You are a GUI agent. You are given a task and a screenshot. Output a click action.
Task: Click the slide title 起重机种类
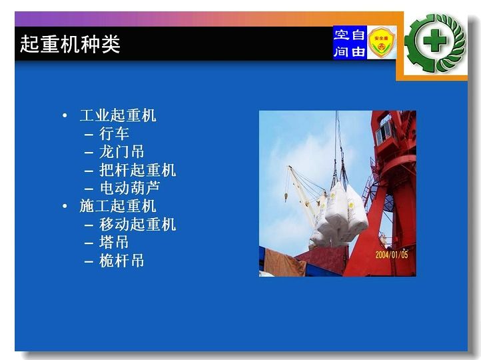tap(70, 44)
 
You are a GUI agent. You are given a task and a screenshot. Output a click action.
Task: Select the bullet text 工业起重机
tap(118, 116)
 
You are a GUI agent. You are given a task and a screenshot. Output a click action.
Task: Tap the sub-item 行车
tap(114, 134)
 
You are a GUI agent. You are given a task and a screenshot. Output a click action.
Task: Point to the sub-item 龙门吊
tap(122, 152)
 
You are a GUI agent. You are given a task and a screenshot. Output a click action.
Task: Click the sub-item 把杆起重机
tap(137, 170)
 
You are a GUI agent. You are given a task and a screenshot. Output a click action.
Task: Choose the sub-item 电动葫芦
tap(130, 188)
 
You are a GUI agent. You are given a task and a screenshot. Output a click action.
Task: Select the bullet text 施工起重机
tap(118, 206)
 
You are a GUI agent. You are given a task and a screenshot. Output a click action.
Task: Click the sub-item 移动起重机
tap(137, 225)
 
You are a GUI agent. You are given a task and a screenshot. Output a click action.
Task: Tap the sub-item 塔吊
tap(114, 243)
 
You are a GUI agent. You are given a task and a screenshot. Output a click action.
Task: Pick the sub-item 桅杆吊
tap(122, 261)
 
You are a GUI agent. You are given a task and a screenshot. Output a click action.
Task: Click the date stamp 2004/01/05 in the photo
tap(392, 255)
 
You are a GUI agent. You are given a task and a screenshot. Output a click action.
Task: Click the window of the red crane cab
tap(384, 131)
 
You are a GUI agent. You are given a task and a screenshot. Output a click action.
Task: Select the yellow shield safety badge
tap(381, 42)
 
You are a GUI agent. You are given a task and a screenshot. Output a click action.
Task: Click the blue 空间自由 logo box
tap(350, 43)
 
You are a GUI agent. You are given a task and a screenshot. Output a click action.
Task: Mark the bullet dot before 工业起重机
tap(65, 116)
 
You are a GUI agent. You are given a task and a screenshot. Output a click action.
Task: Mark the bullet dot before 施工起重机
tap(65, 206)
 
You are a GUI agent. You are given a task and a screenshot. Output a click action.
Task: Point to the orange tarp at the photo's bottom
tap(284, 263)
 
